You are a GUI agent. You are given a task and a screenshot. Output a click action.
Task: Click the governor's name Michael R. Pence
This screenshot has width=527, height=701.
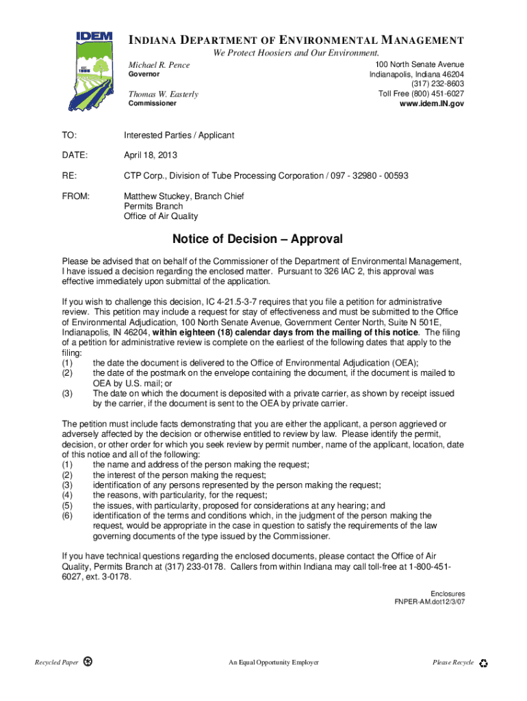tap(160, 64)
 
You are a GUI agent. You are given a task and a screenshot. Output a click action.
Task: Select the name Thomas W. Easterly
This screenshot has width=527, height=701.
tap(164, 94)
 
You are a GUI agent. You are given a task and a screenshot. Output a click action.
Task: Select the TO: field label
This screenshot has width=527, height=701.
tap(69, 136)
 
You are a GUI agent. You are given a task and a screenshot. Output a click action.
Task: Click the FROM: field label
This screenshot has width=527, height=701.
tap(76, 196)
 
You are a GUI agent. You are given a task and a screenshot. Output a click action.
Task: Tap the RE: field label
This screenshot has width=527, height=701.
tap(69, 176)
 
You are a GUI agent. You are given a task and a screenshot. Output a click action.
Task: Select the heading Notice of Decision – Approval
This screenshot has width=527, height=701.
tap(257, 240)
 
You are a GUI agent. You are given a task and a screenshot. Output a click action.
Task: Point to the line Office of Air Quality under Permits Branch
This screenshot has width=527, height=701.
tap(161, 216)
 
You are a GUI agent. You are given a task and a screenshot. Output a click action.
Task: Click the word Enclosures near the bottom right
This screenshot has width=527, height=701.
tap(448, 594)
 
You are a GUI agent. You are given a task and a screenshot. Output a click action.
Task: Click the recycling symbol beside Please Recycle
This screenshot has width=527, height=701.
tap(484, 663)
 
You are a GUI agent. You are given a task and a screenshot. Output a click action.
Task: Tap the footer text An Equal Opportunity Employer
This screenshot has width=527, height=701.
tap(274, 663)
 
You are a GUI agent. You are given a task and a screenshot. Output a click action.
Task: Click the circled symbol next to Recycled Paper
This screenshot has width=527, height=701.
tap(88, 662)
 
